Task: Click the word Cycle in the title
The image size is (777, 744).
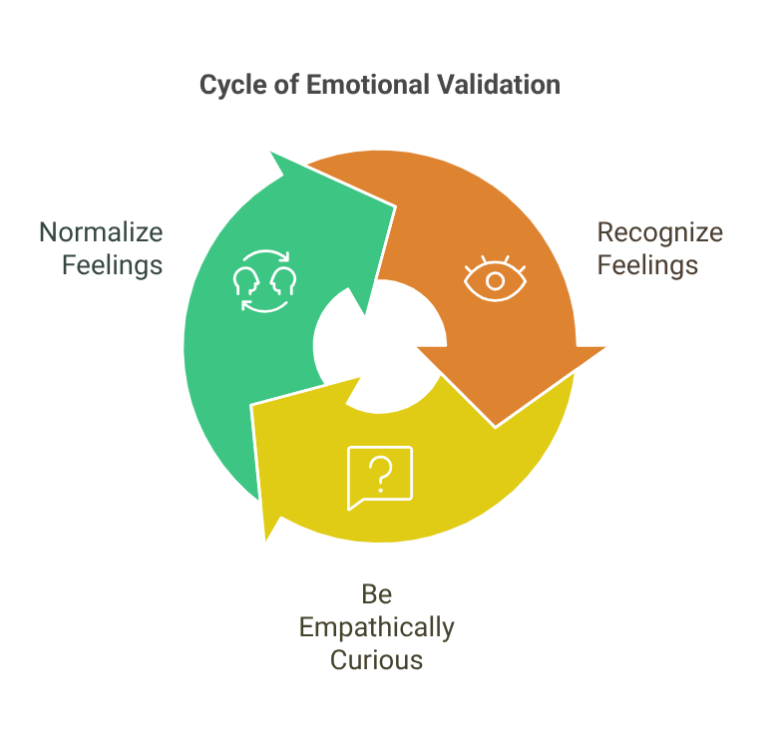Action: [226, 85]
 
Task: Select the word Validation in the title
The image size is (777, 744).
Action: [498, 85]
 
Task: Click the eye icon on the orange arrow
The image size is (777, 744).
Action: [496, 278]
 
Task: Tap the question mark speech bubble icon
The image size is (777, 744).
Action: [379, 476]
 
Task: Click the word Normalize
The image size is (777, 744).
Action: [101, 233]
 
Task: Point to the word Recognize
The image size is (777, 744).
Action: [659, 233]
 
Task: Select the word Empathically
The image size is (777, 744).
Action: [377, 627]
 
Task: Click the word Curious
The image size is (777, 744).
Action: [377, 660]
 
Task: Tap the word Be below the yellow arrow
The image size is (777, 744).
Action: [377, 594]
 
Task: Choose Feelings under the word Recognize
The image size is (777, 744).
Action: [648, 266]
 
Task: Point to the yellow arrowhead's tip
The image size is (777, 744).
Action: [266, 545]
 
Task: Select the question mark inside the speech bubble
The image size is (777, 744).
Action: [379, 473]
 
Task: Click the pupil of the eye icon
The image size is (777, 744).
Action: [496, 279]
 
